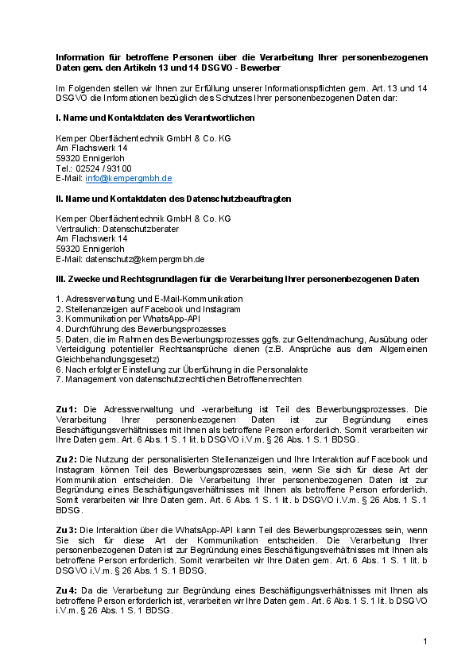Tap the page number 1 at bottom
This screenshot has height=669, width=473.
click(x=425, y=641)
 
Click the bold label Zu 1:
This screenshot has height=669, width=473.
click(x=66, y=409)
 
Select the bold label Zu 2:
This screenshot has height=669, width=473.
click(x=66, y=460)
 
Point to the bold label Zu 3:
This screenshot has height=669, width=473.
click(x=66, y=530)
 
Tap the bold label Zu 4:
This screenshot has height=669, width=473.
click(x=66, y=590)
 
